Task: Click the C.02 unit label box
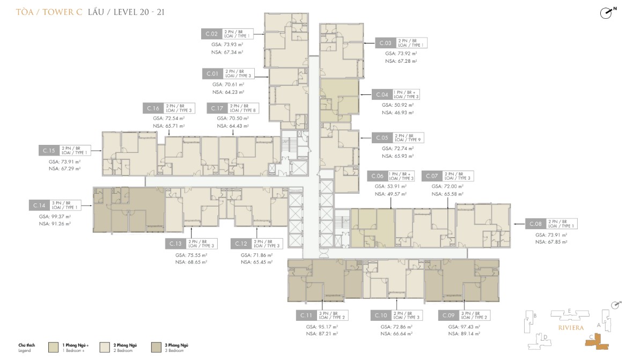point(211,33)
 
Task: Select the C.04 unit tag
point(382,94)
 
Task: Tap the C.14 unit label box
point(39,205)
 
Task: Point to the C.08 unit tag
point(535,224)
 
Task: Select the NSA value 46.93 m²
point(398,113)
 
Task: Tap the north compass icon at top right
point(607,13)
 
